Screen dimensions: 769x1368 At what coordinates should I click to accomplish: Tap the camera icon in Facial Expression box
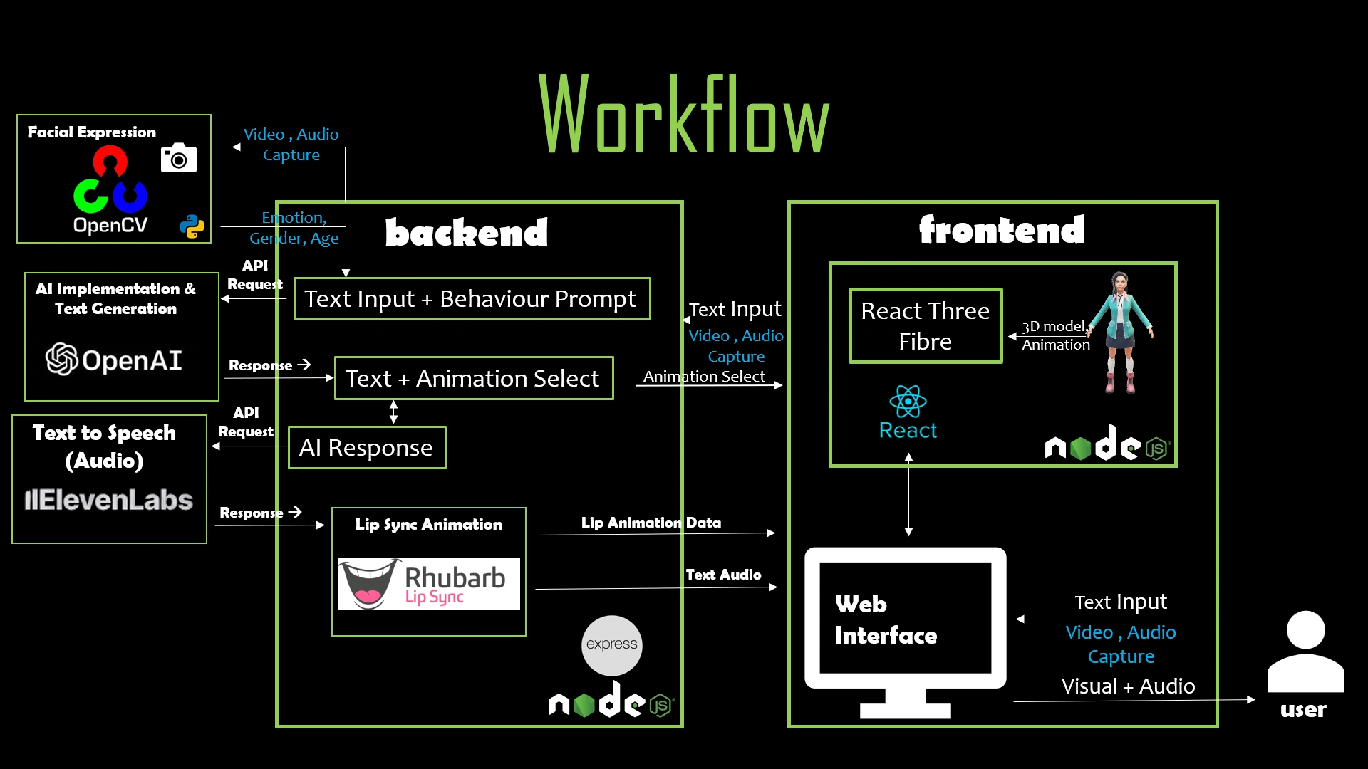tap(178, 158)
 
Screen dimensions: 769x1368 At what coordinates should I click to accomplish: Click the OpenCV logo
tap(110, 189)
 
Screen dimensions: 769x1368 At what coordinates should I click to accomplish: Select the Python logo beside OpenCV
tap(192, 226)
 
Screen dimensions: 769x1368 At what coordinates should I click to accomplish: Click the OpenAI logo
tap(114, 360)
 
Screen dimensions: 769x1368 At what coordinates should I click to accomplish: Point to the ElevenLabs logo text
tap(109, 500)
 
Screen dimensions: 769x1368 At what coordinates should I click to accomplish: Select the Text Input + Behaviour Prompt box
tap(472, 299)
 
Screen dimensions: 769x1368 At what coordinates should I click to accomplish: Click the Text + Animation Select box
tap(473, 378)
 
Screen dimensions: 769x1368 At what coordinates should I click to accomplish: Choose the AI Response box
tap(366, 448)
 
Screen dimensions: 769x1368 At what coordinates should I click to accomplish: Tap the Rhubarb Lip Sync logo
tap(428, 584)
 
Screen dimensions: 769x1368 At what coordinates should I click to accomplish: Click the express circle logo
tap(611, 645)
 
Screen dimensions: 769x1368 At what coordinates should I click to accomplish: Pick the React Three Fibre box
tap(925, 326)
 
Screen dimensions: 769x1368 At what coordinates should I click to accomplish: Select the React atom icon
tap(908, 402)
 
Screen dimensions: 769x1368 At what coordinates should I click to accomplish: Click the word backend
tap(467, 233)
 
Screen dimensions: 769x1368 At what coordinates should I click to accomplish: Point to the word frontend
tap(1002, 230)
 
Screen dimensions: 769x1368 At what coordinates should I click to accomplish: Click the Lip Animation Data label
tap(651, 523)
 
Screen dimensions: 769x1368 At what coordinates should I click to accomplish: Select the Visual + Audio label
tap(1128, 686)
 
